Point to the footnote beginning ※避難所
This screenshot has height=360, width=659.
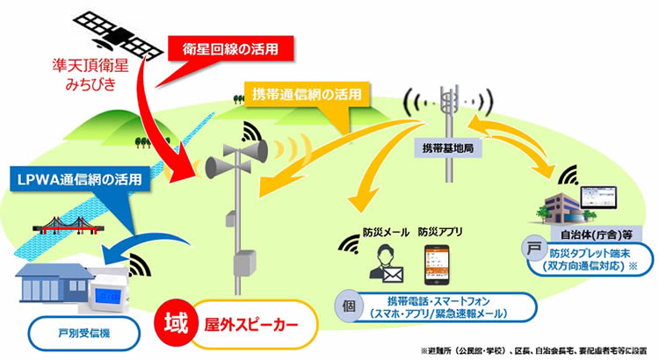pyautogui.click(x=537, y=349)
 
